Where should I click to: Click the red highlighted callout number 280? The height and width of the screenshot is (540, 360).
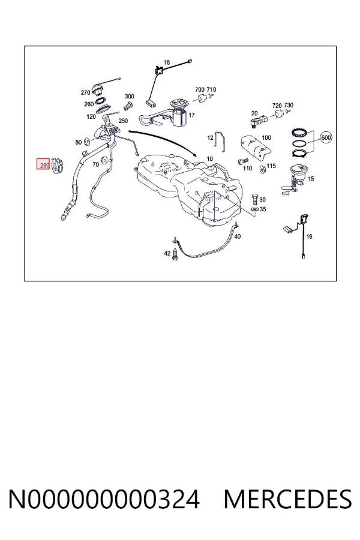point(44,166)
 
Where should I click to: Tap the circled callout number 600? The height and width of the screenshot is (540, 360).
point(326,138)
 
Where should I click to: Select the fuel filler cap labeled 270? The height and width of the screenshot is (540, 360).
point(98,89)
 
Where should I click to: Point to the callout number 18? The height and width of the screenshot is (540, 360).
point(167,62)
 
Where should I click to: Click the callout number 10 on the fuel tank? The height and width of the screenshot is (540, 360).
point(210,159)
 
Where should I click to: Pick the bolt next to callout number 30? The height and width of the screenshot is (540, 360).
point(254,199)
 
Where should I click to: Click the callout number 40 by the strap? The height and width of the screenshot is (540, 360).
point(238,236)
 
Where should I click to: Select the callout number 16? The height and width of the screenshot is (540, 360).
point(309,236)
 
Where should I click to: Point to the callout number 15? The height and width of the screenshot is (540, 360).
point(311,179)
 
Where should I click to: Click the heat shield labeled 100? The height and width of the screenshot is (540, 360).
point(255,148)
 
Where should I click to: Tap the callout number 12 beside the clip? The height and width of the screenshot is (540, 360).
point(210,138)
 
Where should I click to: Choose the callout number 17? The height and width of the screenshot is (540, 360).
point(191,115)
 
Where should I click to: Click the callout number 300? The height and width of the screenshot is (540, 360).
point(129,97)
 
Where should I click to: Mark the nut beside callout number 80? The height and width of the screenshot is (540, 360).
point(88,141)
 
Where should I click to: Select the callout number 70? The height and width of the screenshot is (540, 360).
point(95,164)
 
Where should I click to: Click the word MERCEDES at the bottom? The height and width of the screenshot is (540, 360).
point(287,499)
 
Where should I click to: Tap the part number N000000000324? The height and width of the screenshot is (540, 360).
point(104,499)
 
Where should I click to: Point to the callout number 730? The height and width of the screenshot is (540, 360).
point(289,105)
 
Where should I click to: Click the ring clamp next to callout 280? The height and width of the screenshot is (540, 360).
point(58,166)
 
